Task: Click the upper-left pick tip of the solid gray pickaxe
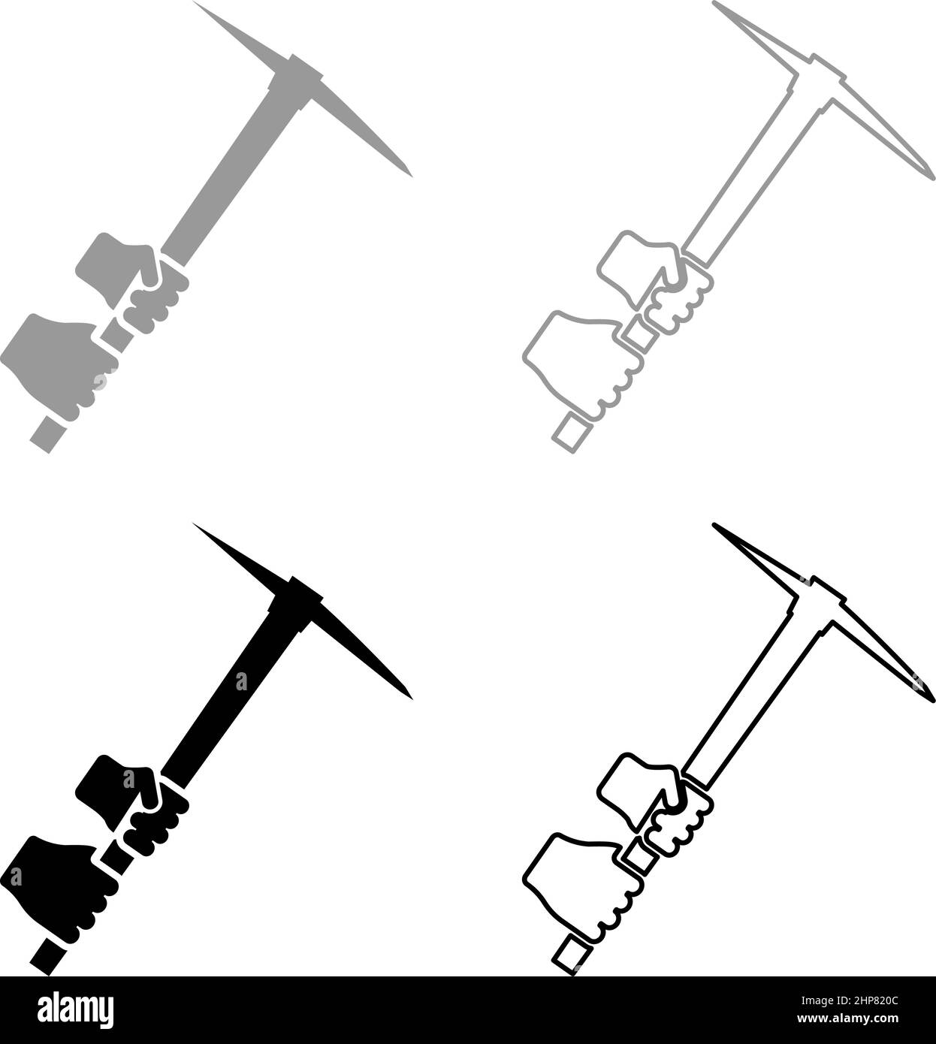[198, 5]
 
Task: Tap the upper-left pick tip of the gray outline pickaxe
[716, 5]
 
